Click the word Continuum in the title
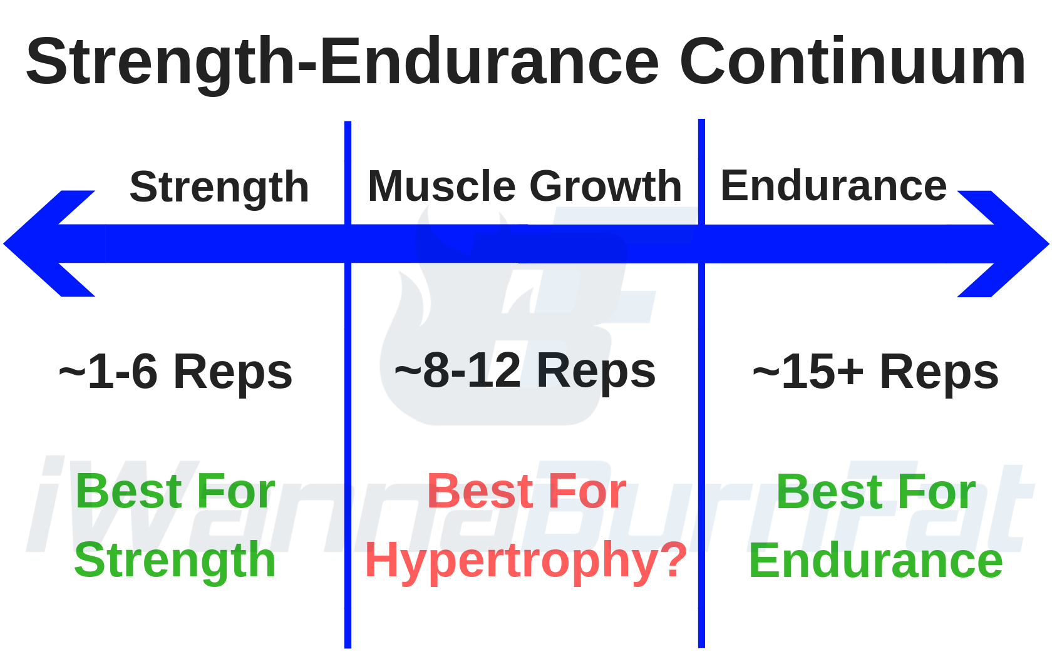click(x=852, y=61)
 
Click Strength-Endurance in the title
click(x=343, y=65)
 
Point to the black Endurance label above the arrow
click(x=833, y=186)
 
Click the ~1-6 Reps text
click(x=175, y=373)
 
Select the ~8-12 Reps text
click(x=525, y=372)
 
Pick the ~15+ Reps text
click(x=875, y=373)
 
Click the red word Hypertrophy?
click(x=526, y=561)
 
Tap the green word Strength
click(x=175, y=561)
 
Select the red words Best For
click(x=527, y=491)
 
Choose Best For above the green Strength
click(x=175, y=491)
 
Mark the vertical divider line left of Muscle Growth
click(x=348, y=384)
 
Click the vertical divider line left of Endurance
click(x=701, y=384)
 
